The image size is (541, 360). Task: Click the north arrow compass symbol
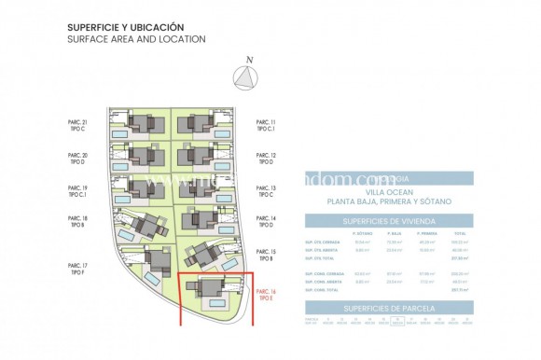coord(246,78)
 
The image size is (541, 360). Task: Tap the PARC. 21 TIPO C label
coord(77,127)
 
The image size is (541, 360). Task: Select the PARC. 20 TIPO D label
coord(77,159)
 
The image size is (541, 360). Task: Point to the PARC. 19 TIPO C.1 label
coord(77,190)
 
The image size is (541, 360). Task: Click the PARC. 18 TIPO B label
coord(77,222)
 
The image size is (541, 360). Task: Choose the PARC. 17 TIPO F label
coord(77,270)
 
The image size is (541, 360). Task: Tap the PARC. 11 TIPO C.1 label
coord(267,127)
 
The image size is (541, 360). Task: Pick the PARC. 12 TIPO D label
coord(267,159)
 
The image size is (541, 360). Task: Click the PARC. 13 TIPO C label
coord(267,190)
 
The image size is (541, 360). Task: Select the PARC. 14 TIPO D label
coord(267,222)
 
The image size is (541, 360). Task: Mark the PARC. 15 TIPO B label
coord(267,255)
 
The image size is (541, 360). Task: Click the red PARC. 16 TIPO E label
coord(266,295)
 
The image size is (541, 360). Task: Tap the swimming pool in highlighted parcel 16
coord(215,303)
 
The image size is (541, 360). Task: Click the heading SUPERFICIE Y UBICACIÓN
coord(126,28)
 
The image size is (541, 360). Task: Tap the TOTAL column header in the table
coord(459,233)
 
